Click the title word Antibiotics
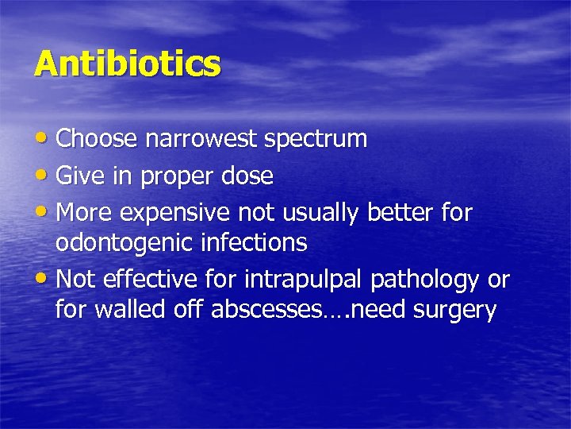(127, 64)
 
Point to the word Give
(79, 176)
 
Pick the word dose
(246, 176)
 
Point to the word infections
(260, 242)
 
